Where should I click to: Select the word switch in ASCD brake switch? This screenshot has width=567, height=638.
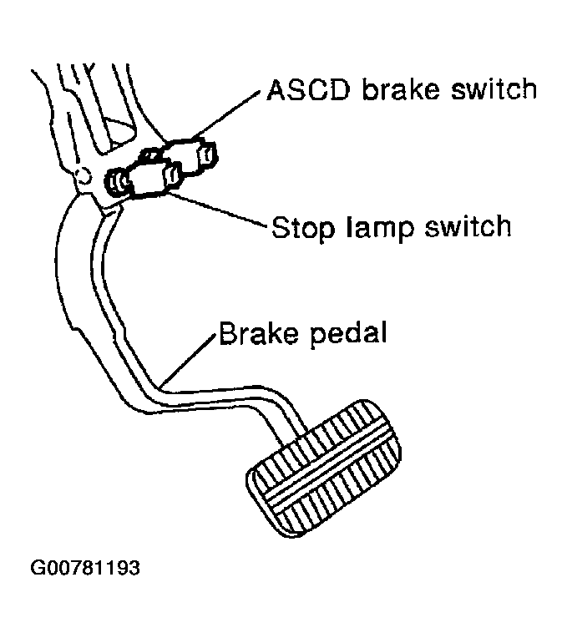tap(492, 89)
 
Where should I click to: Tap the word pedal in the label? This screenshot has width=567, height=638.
tap(346, 336)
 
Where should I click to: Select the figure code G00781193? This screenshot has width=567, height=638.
tap(85, 569)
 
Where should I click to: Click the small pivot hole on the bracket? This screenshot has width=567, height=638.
tap(83, 175)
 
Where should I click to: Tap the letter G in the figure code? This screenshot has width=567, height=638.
tap(38, 569)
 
